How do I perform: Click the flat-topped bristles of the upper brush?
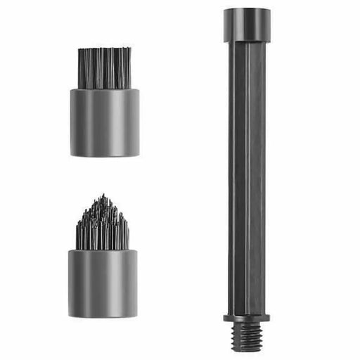104,68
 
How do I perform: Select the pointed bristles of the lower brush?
103,225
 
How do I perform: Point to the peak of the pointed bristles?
103,195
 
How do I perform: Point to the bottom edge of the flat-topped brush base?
104,155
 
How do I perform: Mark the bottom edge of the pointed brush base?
103,298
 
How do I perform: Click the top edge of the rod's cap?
246,8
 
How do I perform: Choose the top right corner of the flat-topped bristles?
131,49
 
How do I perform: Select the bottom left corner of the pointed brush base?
69,297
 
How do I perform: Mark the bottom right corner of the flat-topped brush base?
139,154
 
